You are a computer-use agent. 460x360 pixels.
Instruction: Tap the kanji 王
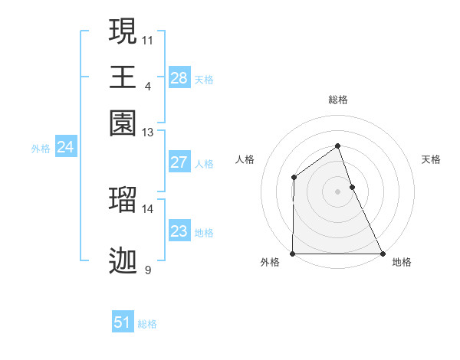click(x=123, y=77)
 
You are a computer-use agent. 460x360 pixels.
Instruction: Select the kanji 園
click(x=123, y=123)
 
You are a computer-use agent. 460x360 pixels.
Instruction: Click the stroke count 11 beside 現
click(x=148, y=39)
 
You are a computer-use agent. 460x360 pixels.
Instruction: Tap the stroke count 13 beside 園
click(x=148, y=133)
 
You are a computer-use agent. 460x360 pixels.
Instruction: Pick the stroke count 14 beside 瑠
click(x=148, y=208)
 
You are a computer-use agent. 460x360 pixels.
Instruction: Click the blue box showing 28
click(x=179, y=78)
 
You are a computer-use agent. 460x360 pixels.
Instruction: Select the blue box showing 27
click(x=179, y=162)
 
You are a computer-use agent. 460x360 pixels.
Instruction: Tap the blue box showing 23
click(x=179, y=231)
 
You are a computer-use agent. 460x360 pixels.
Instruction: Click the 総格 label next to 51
click(x=147, y=324)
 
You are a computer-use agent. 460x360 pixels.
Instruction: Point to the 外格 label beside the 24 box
click(x=41, y=149)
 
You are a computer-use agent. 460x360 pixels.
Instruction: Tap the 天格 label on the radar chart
click(x=431, y=159)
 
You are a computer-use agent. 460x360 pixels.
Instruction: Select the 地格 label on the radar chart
click(x=402, y=262)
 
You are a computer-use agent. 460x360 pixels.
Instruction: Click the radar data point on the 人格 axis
click(x=294, y=178)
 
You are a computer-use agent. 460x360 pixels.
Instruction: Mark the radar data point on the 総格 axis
click(x=337, y=146)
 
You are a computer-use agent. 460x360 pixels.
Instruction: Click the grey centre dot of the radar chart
click(x=337, y=191)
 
